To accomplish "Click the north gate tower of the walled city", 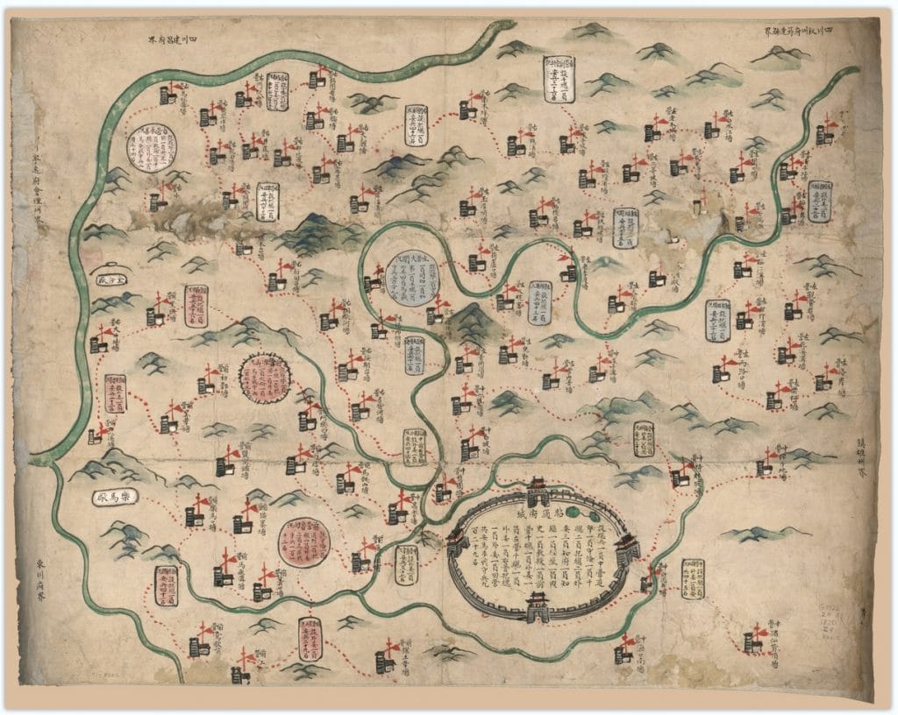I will click(x=538, y=487).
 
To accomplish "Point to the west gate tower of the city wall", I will click(x=457, y=543).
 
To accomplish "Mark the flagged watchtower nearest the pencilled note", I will click(x=753, y=639).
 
